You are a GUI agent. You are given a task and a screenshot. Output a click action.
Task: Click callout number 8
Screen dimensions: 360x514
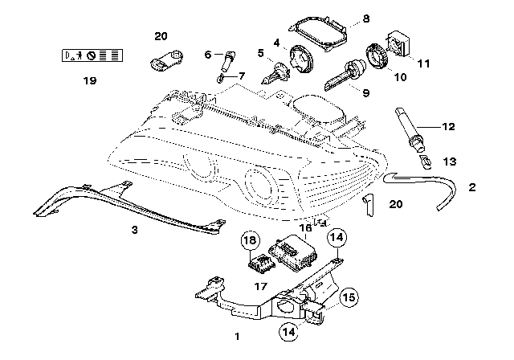pyautogui.click(x=365, y=18)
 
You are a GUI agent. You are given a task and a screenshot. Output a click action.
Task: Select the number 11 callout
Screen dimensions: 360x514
pyautogui.click(x=423, y=63)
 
